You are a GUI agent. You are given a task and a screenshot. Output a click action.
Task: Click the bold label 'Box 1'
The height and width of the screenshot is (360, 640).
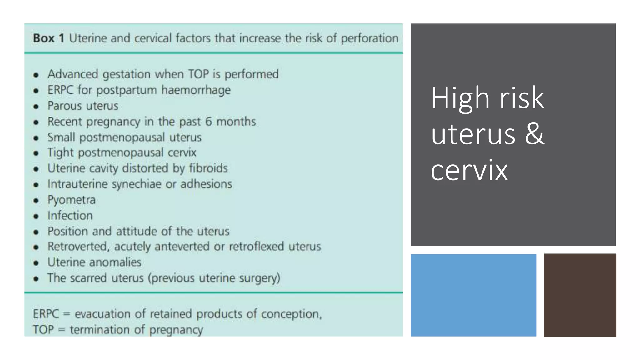click(48, 38)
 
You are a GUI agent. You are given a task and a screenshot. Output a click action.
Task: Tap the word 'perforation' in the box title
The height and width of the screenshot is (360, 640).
click(369, 38)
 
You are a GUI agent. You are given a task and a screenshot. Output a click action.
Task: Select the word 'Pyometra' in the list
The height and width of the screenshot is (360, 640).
click(72, 200)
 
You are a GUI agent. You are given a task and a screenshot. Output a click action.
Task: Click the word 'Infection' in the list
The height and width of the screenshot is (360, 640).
click(70, 216)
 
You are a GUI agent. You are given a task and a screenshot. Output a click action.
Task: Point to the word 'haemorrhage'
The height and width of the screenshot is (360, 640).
click(196, 90)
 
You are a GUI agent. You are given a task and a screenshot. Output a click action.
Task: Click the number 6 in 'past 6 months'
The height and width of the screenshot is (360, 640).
click(208, 122)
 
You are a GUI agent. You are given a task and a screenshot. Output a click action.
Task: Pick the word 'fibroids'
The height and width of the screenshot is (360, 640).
click(208, 168)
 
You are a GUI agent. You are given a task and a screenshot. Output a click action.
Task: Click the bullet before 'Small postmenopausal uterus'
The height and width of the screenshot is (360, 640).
click(36, 138)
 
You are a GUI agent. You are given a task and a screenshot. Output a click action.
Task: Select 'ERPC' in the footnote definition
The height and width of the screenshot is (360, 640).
click(46, 314)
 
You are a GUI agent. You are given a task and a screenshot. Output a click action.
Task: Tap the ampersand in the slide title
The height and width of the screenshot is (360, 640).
click(535, 134)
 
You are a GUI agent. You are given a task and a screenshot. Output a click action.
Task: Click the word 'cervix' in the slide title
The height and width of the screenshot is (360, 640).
click(469, 170)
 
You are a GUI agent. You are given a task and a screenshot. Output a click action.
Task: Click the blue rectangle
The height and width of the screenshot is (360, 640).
click(473, 295)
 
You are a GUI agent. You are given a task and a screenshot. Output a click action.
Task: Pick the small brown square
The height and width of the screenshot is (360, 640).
click(580, 295)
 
